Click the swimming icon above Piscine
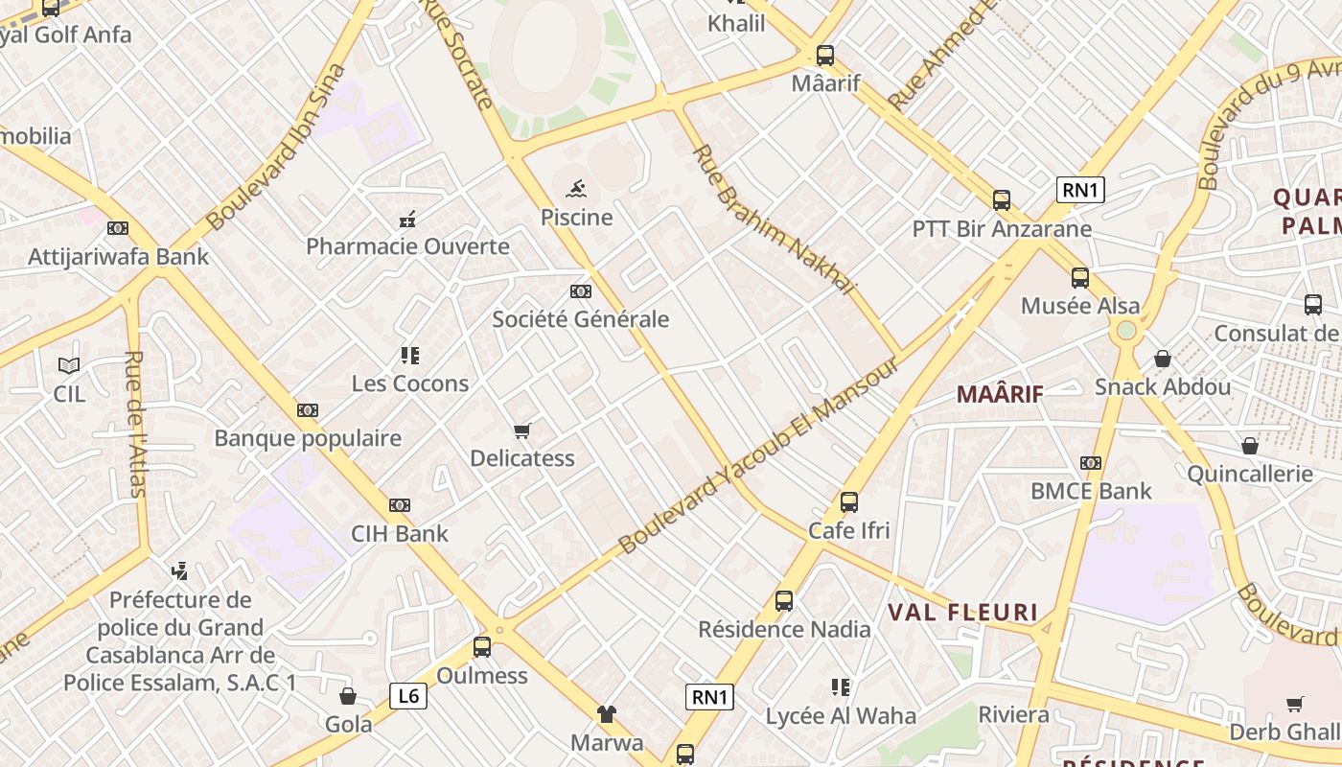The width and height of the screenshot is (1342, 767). [576, 188]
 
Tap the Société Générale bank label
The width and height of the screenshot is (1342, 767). [580, 319]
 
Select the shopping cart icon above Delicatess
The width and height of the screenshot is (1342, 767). [521, 430]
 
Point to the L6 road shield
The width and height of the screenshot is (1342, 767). [408, 695]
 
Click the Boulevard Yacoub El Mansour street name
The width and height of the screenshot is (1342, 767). [758, 456]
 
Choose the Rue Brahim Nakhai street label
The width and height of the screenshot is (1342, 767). [773, 220]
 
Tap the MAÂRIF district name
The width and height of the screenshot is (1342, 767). [1000, 393]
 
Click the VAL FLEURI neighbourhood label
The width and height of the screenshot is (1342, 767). [962, 613]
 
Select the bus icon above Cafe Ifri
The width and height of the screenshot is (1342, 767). [848, 501]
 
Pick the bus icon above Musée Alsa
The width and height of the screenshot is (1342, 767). [1079, 278]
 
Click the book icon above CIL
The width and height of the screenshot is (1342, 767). [69, 365]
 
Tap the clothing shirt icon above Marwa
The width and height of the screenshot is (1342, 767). [607, 714]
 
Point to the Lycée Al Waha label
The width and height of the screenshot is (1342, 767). [840, 716]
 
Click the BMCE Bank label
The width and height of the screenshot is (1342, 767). [1091, 491]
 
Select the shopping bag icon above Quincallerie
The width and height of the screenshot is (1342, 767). [1249, 446]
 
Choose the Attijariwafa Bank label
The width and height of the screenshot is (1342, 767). [118, 257]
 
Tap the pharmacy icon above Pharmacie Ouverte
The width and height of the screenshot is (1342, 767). [407, 219]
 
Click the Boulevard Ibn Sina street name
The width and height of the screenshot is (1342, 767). [275, 147]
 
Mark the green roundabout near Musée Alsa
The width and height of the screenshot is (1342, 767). [1126, 330]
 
